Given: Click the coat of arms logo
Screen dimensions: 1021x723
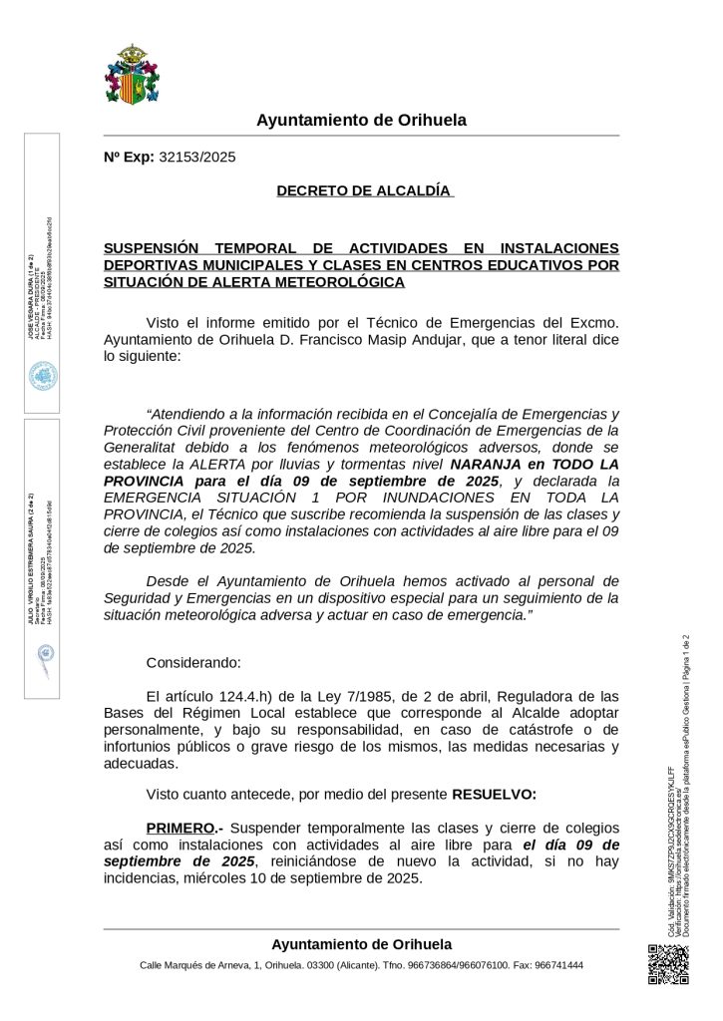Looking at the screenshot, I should (127, 75).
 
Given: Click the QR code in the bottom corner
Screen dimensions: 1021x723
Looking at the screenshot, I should (667, 964).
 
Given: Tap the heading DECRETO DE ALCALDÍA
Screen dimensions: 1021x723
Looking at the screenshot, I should (364, 190).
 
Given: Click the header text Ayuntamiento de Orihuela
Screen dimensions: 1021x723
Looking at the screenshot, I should (361, 121).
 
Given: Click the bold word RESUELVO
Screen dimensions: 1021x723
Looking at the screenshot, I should (494, 795).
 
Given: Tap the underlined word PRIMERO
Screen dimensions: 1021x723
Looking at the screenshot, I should (180, 828).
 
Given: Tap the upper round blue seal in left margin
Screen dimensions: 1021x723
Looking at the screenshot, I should (44, 375).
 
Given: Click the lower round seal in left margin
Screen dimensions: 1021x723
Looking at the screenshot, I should (44, 654).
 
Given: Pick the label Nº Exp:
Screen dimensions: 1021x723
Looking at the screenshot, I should (129, 157).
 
